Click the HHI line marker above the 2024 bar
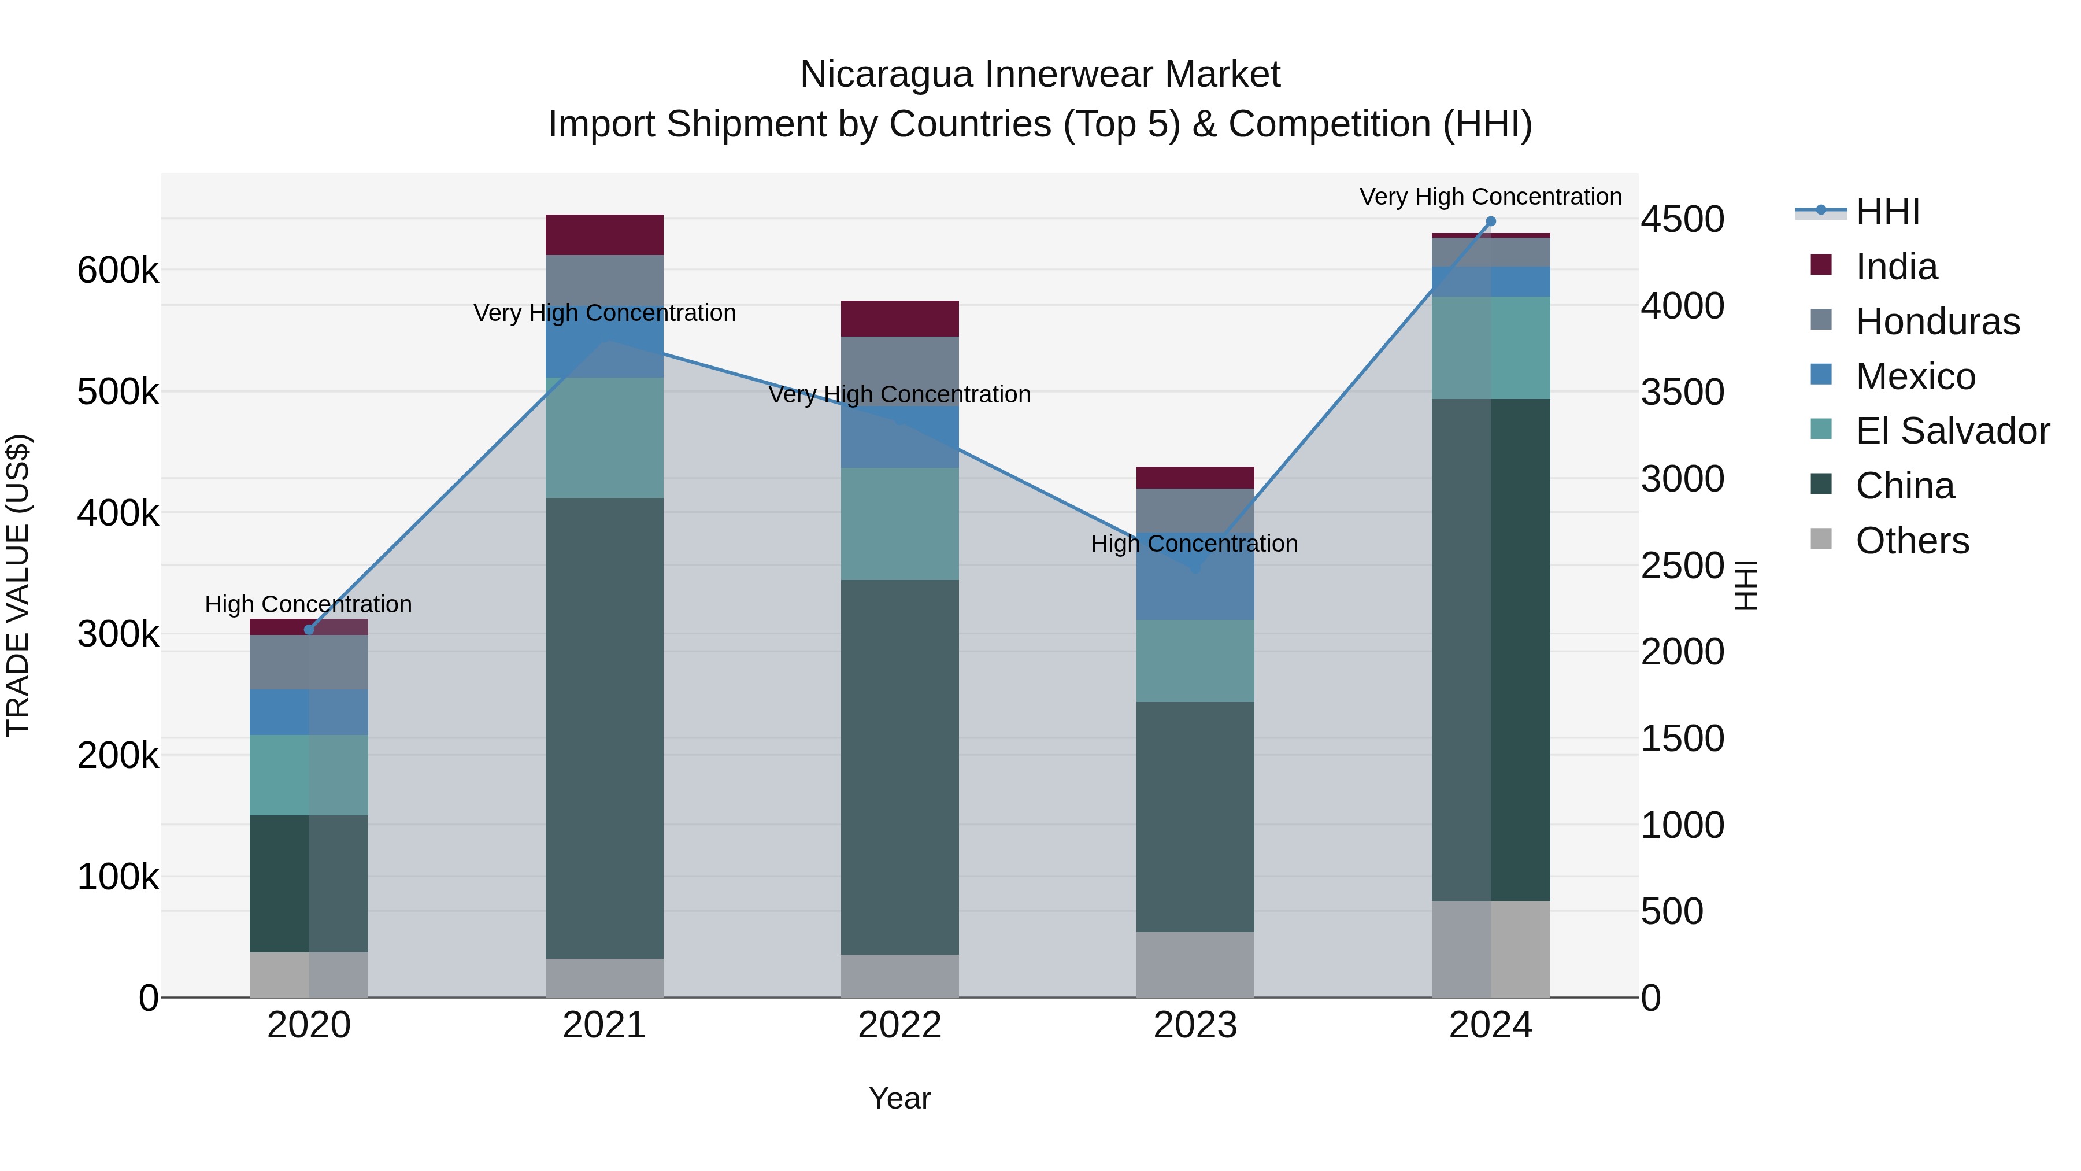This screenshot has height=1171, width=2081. tap(1490, 221)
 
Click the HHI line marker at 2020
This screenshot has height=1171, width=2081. tap(309, 630)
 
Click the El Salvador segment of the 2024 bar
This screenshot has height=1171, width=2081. tap(1490, 348)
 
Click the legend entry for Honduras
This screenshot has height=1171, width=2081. tap(1937, 322)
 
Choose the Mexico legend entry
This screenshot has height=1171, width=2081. tap(1915, 376)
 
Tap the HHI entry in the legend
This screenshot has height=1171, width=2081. tap(1887, 212)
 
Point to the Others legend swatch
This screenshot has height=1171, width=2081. tap(1821, 539)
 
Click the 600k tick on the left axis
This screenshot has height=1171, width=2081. tap(118, 270)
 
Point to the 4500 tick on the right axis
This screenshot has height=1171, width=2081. tap(1682, 219)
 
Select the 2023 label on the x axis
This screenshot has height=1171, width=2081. tap(1195, 1025)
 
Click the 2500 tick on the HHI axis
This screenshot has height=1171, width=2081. tap(1682, 565)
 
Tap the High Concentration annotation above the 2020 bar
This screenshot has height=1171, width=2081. tap(309, 604)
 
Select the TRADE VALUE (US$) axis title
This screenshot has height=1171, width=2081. tap(18, 585)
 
